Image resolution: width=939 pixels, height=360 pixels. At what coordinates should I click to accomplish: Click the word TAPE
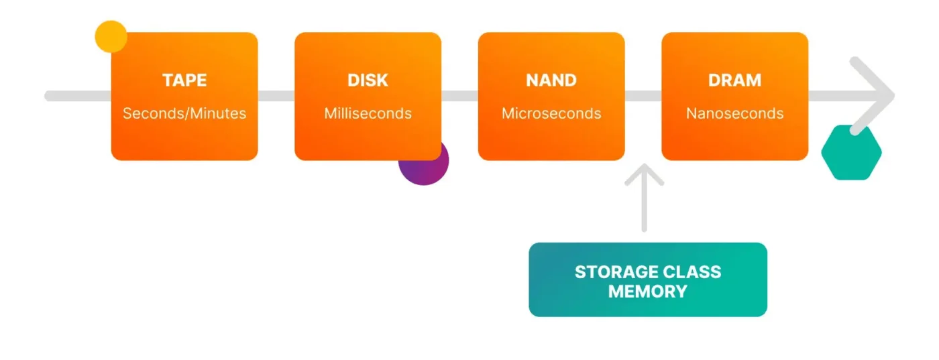click(184, 80)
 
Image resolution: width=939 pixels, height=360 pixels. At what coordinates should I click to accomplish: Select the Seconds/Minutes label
click(184, 113)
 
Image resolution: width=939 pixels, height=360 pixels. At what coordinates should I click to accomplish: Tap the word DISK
click(368, 80)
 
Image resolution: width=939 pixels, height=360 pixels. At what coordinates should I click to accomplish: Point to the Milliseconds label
click(368, 113)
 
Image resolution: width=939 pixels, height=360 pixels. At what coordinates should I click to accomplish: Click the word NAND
click(551, 80)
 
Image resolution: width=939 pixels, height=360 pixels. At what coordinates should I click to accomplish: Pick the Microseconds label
click(551, 113)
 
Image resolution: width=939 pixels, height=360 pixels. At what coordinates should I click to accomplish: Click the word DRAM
click(734, 80)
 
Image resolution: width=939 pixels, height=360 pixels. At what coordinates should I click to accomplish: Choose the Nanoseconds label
click(734, 113)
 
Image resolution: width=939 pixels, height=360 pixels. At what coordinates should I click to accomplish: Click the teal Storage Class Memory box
click(648, 280)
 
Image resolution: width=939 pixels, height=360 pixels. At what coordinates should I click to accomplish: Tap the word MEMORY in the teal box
click(648, 292)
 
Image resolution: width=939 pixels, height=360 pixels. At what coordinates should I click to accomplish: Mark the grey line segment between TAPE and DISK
click(276, 96)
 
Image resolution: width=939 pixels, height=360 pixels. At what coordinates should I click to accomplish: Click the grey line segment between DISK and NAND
click(459, 96)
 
